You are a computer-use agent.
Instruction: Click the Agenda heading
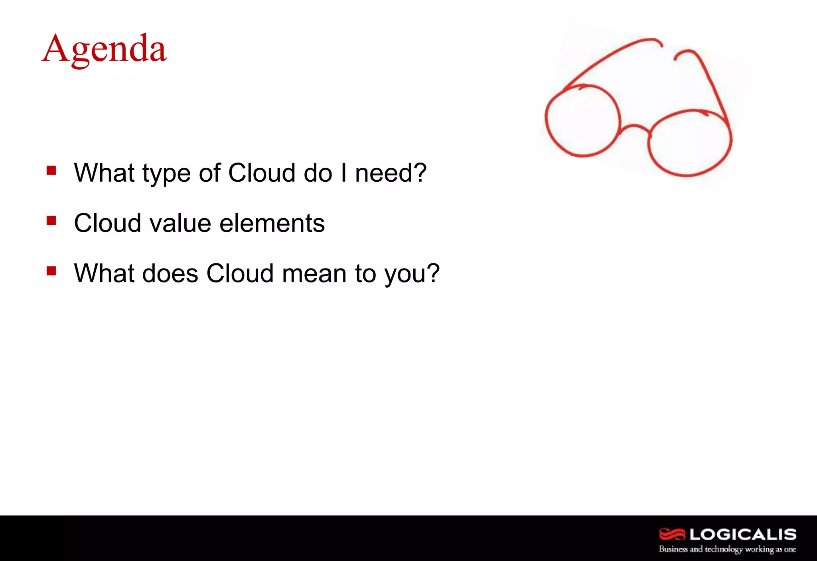(x=104, y=49)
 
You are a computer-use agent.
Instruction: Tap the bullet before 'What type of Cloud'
(x=51, y=171)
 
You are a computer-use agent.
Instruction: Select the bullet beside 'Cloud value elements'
(x=51, y=221)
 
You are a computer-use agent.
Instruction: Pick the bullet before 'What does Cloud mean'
(x=51, y=271)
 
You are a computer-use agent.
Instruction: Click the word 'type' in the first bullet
(x=166, y=174)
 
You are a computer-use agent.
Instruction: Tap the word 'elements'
(x=272, y=223)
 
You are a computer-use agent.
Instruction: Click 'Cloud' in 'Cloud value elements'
(x=107, y=223)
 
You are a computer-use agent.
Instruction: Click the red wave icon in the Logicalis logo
(x=672, y=534)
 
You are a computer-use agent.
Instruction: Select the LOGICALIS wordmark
(x=743, y=534)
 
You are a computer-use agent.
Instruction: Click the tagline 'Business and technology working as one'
(x=727, y=549)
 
